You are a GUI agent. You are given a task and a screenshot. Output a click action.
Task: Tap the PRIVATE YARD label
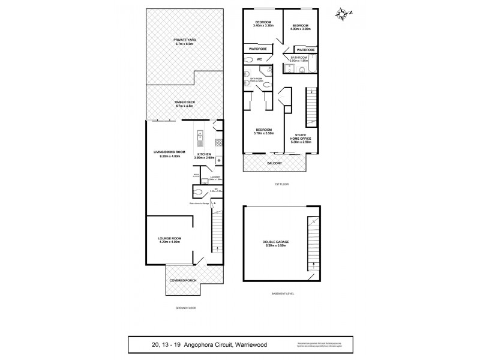coord(185,40)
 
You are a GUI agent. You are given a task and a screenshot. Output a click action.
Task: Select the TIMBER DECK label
coord(185,103)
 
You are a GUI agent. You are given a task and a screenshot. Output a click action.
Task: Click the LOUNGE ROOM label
coord(170,238)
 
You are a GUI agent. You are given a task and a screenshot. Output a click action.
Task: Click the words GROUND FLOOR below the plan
coord(185,308)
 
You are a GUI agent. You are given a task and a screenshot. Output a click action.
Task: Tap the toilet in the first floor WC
coord(250,59)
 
